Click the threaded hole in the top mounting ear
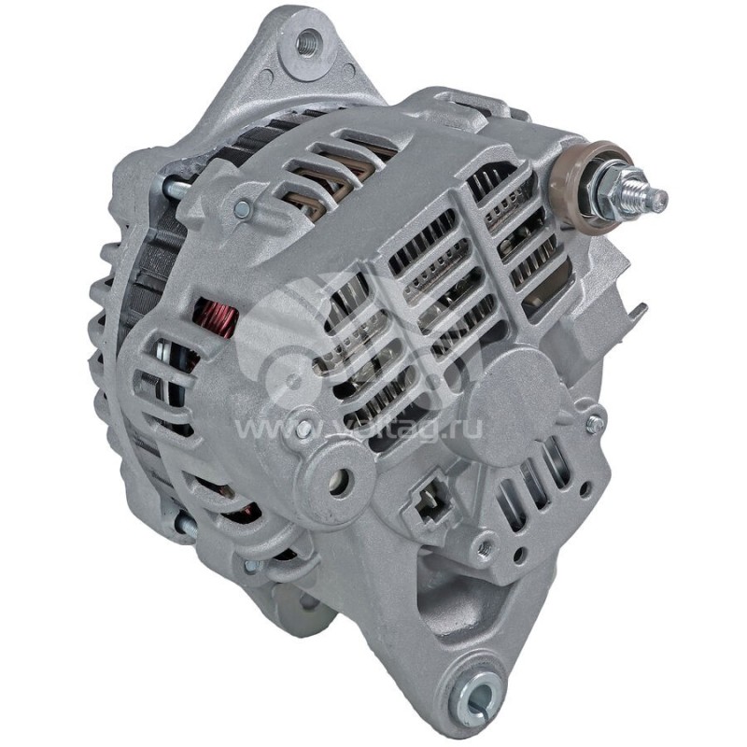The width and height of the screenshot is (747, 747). pos(307,44)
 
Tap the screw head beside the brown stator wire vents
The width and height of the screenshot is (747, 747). pos(242,208)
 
